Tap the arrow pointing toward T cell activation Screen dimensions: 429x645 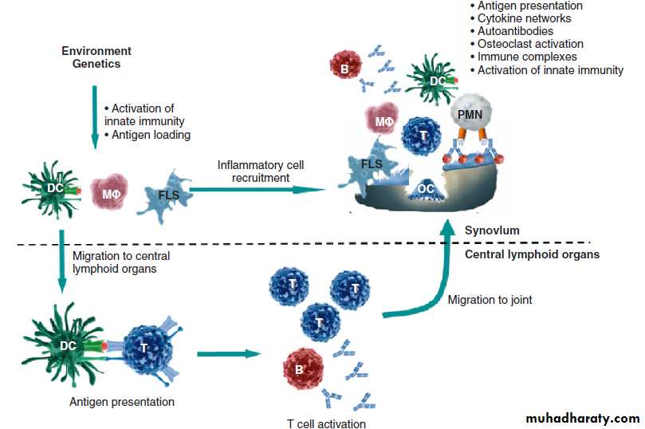pos(230,353)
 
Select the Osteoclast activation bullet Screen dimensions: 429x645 pos(529,44)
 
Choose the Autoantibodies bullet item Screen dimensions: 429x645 pos(514,31)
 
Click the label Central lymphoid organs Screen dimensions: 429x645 pos(532,255)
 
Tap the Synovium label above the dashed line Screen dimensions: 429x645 pos(492,230)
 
